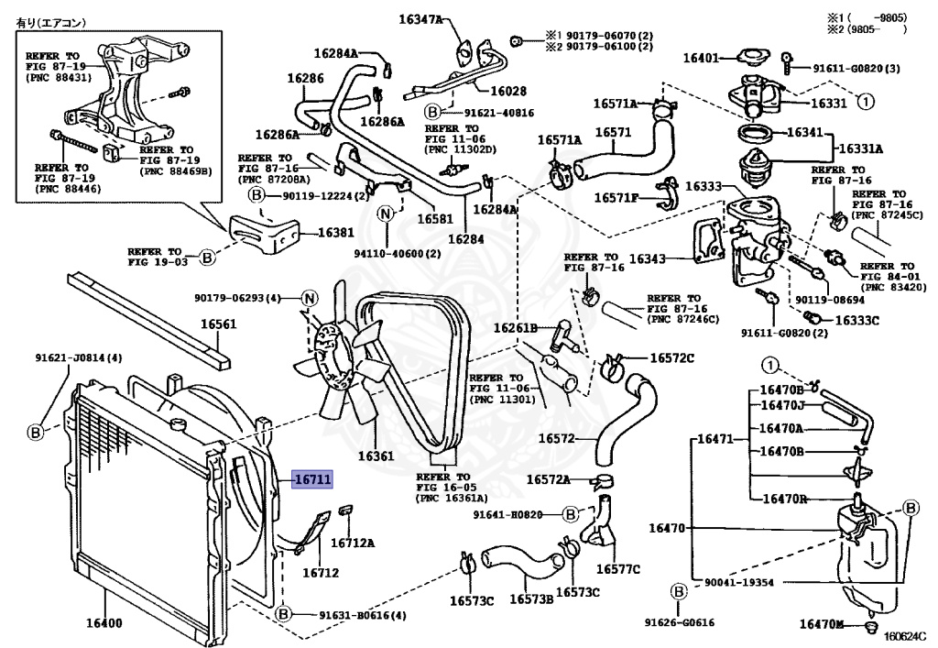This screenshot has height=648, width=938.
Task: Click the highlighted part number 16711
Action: coord(311,478)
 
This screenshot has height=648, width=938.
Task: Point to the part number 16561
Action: coord(219,324)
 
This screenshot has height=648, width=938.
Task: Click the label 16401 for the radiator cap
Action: coord(701,58)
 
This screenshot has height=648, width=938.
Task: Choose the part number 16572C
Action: coord(672,357)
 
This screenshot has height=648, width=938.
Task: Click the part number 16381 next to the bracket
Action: coord(335,233)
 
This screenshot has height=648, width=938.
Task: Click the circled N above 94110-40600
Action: coord(386,214)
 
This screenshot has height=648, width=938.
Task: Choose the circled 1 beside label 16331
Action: coord(866,102)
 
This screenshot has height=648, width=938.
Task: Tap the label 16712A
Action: coord(353,543)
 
